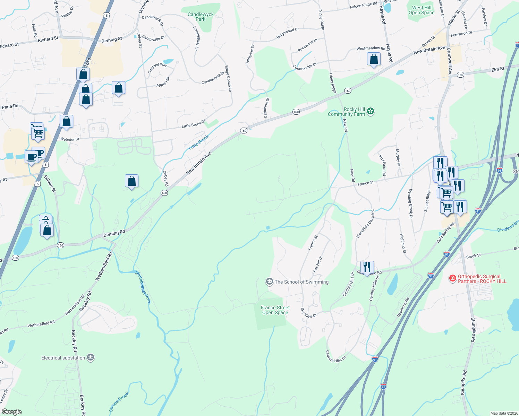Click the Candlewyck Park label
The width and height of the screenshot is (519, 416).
pos(201,17)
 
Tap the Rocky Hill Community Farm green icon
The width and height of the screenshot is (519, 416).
pos(371,111)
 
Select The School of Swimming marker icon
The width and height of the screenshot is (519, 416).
pos(269,281)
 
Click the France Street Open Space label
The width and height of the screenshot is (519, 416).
pos(275,310)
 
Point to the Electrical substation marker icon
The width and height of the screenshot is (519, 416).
pos(91,357)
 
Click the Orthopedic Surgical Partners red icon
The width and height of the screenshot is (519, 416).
pos(452,278)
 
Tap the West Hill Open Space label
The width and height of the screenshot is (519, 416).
pos(422,10)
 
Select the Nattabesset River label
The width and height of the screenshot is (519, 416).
pos(143,287)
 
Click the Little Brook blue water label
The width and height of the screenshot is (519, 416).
pos(199,142)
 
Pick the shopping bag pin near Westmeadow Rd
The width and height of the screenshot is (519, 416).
pos(374,59)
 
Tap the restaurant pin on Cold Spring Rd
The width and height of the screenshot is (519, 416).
pos(367,267)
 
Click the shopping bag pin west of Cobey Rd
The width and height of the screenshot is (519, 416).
pos(131,181)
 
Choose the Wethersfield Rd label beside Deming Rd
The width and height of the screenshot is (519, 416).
pos(104,266)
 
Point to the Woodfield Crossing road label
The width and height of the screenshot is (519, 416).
pos(365,224)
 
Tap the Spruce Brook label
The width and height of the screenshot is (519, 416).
pos(119,401)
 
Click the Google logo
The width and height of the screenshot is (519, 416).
pos(12,411)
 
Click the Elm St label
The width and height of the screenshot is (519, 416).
pos(498,69)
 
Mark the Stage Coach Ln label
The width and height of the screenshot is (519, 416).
pos(228,78)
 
